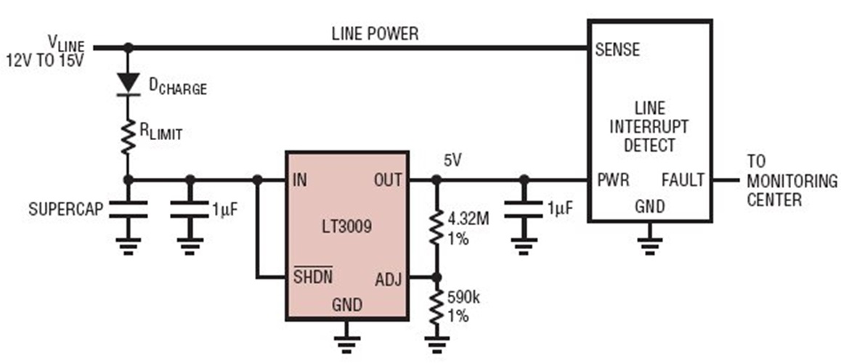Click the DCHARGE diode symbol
click(129, 81)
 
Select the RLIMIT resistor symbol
click(129, 136)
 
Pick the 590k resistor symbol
click(436, 308)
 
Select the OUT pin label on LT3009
click(388, 179)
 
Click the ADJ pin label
click(389, 277)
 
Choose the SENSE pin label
click(617, 49)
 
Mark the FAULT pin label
click(683, 179)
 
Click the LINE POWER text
click(375, 33)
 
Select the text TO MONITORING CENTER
click(791, 180)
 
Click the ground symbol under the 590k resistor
click(436, 343)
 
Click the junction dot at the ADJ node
click(436, 277)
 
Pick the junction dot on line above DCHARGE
click(129, 48)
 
